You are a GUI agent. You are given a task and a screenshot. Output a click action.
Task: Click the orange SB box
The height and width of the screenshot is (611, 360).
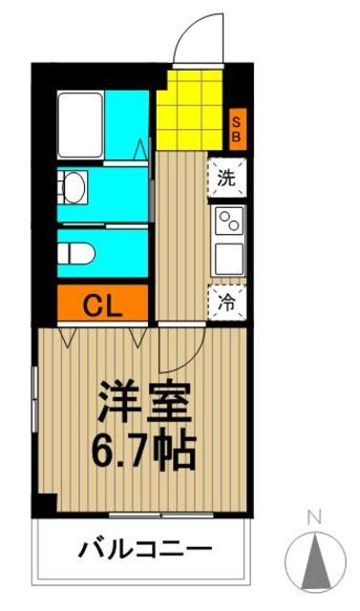pos(238,128)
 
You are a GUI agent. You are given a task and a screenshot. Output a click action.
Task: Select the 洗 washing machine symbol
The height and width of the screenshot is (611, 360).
pos(227,177)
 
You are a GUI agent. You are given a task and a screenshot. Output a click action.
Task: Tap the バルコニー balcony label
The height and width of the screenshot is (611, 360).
pos(145,551)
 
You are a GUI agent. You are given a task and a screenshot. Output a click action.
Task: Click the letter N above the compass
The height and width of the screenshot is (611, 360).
pos(311,519)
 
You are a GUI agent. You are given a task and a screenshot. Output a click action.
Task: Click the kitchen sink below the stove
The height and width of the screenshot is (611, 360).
pos(228,258)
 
